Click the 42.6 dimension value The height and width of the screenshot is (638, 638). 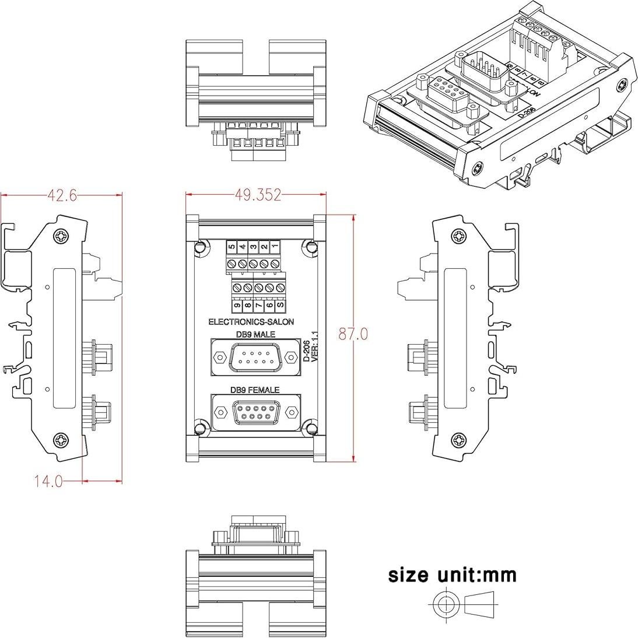pyautogui.click(x=62, y=196)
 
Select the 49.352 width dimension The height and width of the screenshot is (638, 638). pyautogui.click(x=257, y=195)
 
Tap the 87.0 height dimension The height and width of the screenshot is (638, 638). pyautogui.click(x=353, y=334)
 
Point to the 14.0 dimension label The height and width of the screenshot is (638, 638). pyautogui.click(x=48, y=481)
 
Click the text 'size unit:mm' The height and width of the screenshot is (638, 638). pyautogui.click(x=453, y=575)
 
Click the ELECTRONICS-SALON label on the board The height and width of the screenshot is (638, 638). pyautogui.click(x=251, y=322)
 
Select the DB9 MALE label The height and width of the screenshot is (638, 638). pyautogui.click(x=256, y=335)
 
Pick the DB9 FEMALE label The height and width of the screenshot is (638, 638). pyautogui.click(x=254, y=390)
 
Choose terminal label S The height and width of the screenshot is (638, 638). pyautogui.click(x=281, y=305)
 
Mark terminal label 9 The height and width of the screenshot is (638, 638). pyautogui.click(x=237, y=305)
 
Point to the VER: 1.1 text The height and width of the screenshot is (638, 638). pyautogui.click(x=315, y=347)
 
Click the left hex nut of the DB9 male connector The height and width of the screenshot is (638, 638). pyautogui.click(x=220, y=356)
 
